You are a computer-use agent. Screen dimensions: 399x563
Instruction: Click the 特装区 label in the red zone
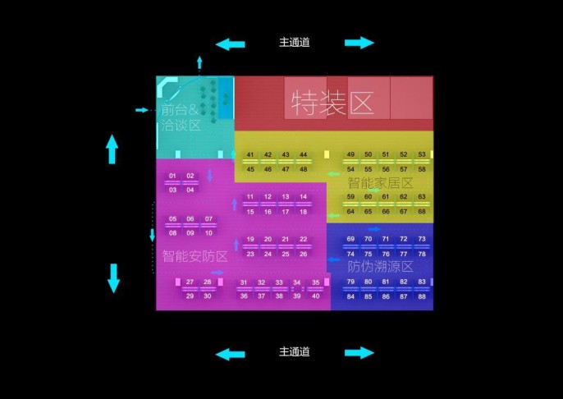coord(332,103)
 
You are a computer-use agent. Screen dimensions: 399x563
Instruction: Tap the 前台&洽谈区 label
coord(181,117)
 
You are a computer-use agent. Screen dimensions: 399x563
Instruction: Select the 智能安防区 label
coord(195,256)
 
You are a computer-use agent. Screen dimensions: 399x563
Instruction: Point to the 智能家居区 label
coord(381,183)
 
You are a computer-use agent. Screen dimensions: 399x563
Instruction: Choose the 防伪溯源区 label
coord(380,267)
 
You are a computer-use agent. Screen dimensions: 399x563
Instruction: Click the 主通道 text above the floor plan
coord(295,43)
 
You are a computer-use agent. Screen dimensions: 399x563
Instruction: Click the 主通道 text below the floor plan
coord(295,352)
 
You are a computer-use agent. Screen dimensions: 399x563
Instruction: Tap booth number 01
coord(172,177)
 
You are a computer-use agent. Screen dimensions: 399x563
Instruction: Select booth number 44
coord(303,155)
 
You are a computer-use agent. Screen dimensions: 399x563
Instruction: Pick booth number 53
coord(422,155)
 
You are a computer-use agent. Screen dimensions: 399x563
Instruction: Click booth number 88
coord(422,296)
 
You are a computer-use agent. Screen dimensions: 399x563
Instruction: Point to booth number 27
coord(190,282)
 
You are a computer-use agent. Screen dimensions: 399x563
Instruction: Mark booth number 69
coord(350,240)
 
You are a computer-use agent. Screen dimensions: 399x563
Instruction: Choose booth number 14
coord(303,197)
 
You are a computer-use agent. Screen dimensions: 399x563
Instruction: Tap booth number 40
coord(315,296)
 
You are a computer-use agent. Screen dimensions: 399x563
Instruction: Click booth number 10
coord(208,233)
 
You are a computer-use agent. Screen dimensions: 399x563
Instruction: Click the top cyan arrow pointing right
coord(359,43)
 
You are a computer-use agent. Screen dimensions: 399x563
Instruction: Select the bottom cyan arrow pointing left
coord(230,354)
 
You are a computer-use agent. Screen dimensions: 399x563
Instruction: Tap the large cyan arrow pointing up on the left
coord(112,149)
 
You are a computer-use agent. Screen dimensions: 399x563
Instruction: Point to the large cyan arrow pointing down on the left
coord(113,279)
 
